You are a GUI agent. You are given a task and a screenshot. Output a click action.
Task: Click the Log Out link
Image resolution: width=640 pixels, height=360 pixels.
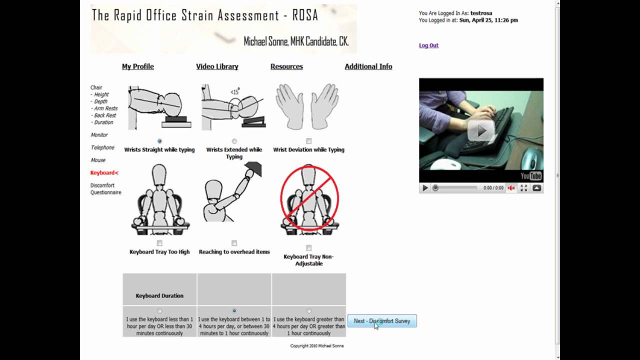click(428, 45)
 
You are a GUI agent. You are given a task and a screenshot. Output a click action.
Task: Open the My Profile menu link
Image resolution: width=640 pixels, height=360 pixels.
click(138, 66)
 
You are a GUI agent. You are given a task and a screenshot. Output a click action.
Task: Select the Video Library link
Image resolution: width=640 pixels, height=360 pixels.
click(217, 66)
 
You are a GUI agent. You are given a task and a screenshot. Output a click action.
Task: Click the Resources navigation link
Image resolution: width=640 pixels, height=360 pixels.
click(286, 66)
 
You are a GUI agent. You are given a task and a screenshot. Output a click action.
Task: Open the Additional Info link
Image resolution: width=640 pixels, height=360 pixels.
click(368, 66)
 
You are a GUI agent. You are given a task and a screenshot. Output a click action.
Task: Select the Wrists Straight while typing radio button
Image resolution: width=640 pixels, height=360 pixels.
click(159, 141)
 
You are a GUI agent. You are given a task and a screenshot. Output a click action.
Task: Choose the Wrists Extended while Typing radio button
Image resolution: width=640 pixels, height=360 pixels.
click(234, 141)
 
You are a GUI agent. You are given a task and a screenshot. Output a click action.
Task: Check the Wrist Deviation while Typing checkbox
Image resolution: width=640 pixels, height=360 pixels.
click(309, 141)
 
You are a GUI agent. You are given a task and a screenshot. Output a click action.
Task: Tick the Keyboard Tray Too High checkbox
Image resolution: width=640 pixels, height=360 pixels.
click(159, 243)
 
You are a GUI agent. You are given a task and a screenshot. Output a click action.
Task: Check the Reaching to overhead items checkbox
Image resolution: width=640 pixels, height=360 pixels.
click(234, 243)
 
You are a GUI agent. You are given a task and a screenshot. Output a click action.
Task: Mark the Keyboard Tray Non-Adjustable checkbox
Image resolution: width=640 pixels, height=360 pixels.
click(309, 248)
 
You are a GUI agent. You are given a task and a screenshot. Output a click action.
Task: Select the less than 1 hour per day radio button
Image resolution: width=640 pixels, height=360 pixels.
click(159, 311)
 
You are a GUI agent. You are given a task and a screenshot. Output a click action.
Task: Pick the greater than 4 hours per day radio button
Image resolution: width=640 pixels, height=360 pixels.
click(309, 311)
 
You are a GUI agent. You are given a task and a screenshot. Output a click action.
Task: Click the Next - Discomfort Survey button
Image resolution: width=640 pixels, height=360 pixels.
click(382, 321)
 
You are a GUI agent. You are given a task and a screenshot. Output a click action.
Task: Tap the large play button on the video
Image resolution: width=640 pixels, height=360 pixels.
click(481, 131)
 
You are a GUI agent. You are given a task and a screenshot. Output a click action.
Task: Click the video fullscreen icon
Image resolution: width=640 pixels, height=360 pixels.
click(524, 188)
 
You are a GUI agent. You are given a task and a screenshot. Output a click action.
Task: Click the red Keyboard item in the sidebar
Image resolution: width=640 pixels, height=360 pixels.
click(104, 173)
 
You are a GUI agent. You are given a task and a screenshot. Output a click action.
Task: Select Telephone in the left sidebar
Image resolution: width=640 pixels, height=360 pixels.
click(102, 147)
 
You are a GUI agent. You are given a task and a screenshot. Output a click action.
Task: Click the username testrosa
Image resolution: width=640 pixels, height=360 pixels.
click(481, 13)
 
